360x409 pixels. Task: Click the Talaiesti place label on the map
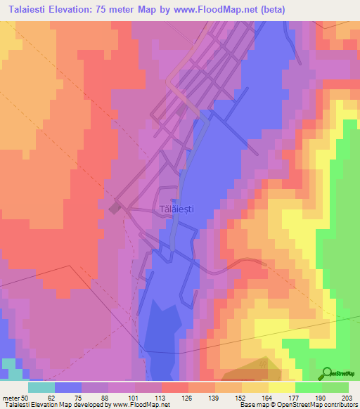click(x=176, y=209)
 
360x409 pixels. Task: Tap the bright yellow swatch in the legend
click(x=281, y=387)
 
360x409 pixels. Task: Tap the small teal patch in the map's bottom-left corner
click(x=11, y=364)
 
